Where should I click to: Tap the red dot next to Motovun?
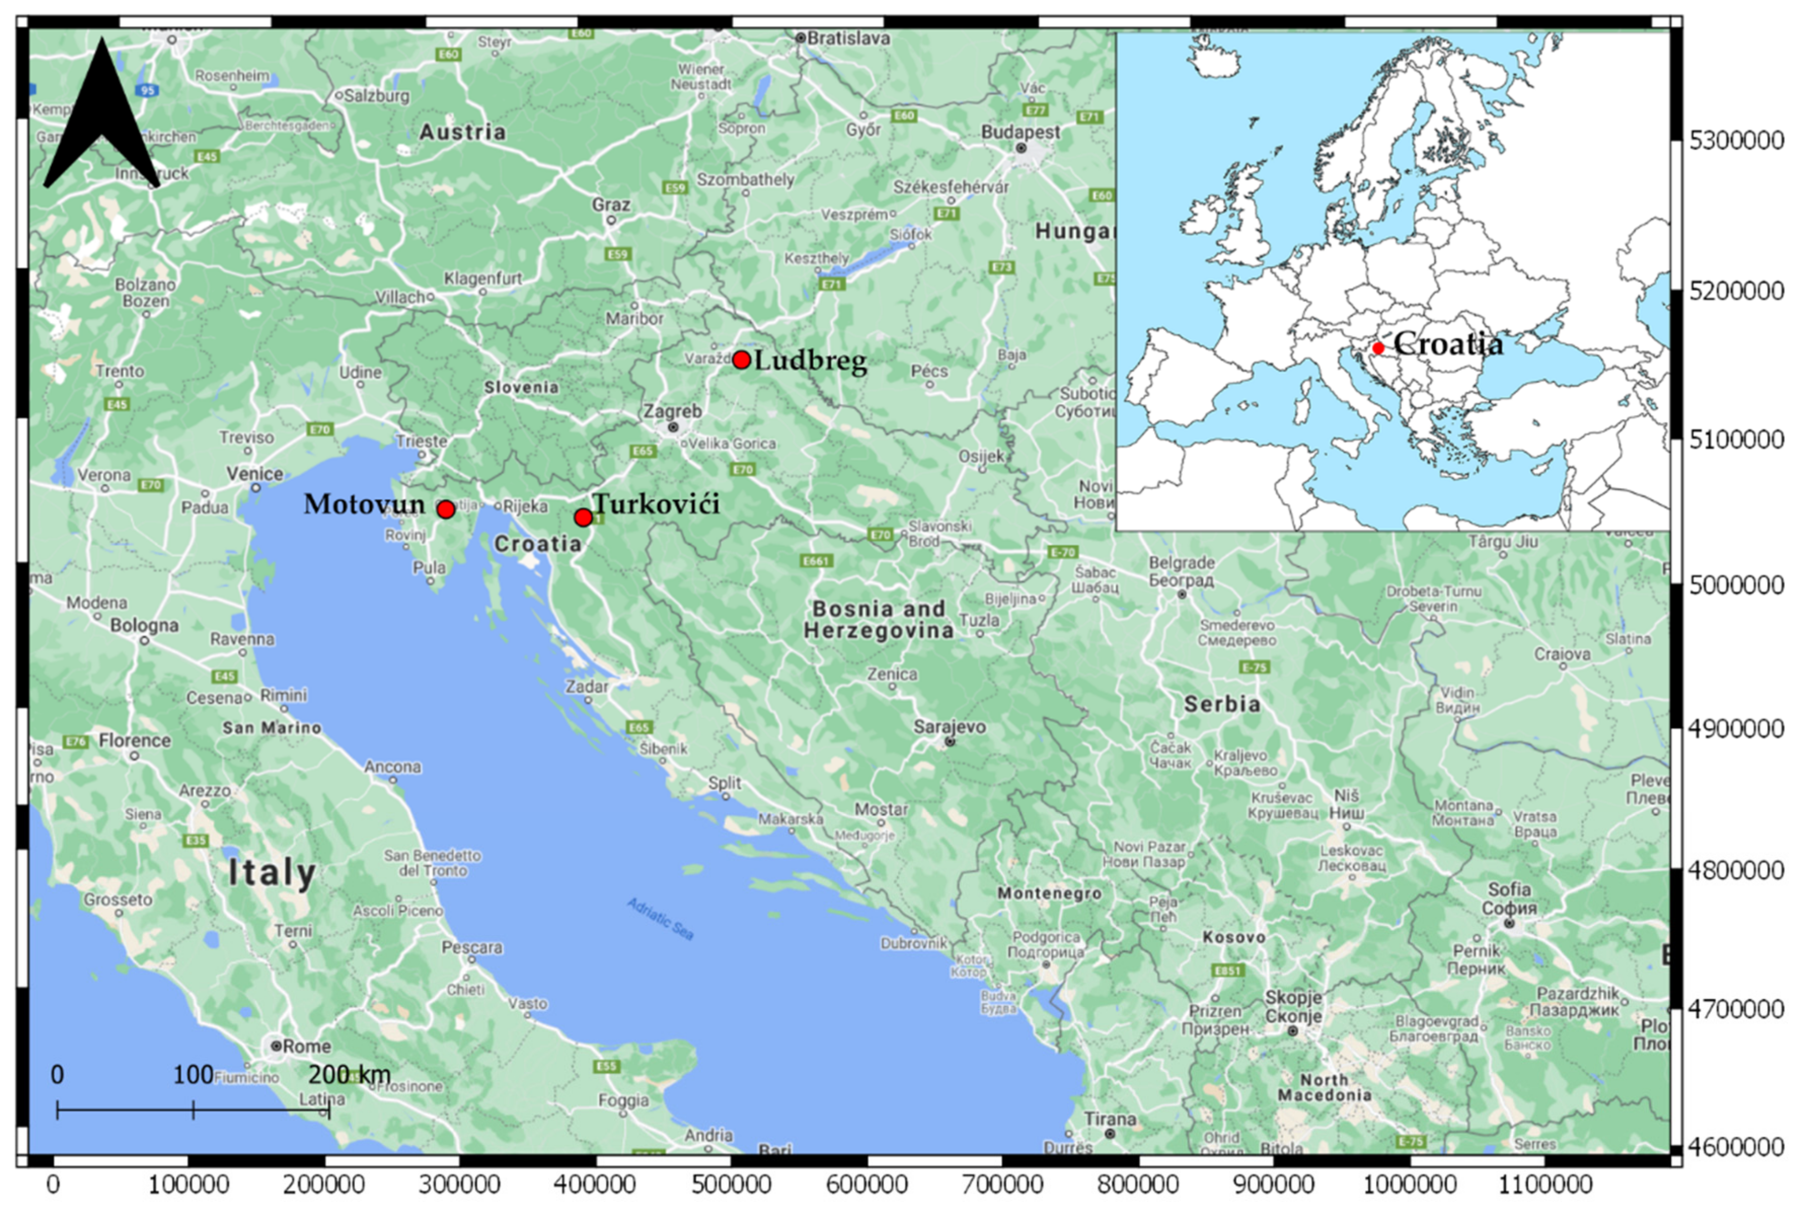(445, 509)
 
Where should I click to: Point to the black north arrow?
(101, 116)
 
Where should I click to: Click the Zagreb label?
(672, 411)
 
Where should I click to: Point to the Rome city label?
(306, 1046)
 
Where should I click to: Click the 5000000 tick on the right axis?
(1736, 585)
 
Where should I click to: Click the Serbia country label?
(1222, 704)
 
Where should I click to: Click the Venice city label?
(255, 474)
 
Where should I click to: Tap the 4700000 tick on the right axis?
(1736, 1009)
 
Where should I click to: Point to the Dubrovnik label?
(914, 943)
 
